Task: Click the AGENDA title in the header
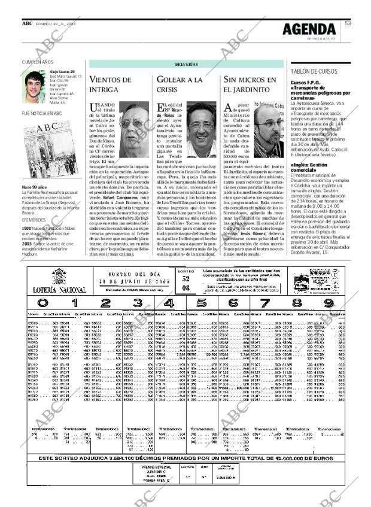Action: click(309, 28)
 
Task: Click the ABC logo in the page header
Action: click(28, 23)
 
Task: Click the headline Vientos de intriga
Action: click(110, 84)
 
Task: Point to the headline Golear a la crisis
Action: click(180, 84)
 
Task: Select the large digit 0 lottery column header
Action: click(41, 303)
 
